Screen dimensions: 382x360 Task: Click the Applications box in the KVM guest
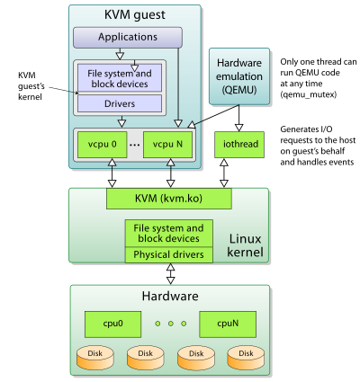pyautogui.click(x=127, y=38)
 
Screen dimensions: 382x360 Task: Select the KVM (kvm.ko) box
pyautogui.click(x=168, y=197)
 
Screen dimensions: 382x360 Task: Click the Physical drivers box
pyautogui.click(x=169, y=254)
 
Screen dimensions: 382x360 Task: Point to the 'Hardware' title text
pyautogui.click(x=168, y=296)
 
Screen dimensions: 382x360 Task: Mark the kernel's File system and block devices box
pyautogui.click(x=169, y=234)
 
